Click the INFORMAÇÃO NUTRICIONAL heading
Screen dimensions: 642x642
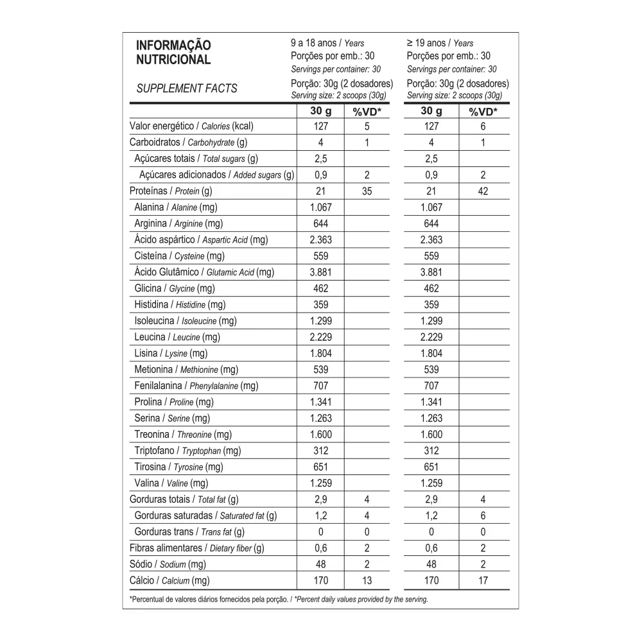(173, 53)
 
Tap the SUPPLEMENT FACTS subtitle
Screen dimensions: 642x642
(187, 89)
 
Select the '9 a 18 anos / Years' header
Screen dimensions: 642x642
(327, 44)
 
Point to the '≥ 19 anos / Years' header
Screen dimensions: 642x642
(440, 44)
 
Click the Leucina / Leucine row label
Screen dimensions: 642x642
(177, 337)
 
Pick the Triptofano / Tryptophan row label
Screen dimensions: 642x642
(187, 451)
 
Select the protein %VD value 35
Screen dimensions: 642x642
(367, 191)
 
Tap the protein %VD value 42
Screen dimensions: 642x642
(483, 191)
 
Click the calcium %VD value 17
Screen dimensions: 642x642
(483, 581)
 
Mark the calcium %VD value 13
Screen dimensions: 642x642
(367, 581)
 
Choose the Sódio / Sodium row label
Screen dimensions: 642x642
(168, 564)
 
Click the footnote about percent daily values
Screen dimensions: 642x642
(279, 599)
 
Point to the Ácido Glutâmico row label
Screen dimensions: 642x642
(204, 272)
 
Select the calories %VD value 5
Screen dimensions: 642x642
(367, 126)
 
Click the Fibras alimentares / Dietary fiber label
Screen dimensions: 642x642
(197, 548)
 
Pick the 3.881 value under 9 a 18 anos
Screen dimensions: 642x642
(320, 272)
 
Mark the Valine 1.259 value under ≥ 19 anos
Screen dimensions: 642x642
(431, 483)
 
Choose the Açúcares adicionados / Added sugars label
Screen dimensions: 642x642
(216, 175)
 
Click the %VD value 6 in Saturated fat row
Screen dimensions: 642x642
(483, 516)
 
